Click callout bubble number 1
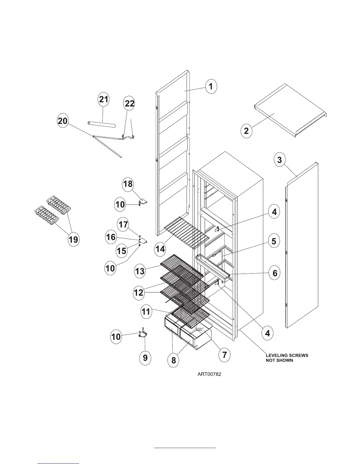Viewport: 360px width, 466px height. [211, 87]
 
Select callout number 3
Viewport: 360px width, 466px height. [279, 160]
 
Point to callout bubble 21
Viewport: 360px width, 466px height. [104, 99]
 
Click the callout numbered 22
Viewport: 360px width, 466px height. [130, 104]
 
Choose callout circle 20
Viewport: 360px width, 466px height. [63, 121]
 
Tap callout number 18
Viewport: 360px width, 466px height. [128, 184]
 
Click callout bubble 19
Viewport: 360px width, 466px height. [73, 239]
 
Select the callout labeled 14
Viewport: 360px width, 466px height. [160, 249]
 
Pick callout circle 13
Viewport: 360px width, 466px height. [140, 271]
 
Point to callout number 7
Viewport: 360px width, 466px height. [224, 355]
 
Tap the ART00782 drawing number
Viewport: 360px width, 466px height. [209, 375]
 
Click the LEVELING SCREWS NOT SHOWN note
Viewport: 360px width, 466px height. [287, 358]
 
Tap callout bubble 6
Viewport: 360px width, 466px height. [275, 273]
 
